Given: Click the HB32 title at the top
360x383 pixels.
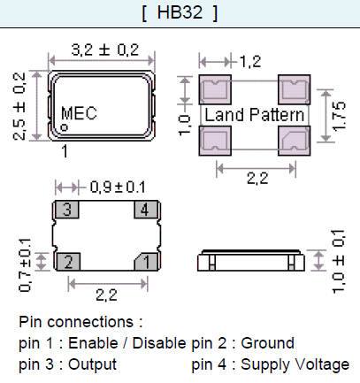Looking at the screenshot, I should [x=180, y=14].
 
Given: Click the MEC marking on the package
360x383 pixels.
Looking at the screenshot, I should [x=79, y=113].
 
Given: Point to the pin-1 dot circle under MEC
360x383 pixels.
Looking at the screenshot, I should [x=65, y=128].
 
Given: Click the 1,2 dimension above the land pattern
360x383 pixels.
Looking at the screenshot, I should [x=251, y=60].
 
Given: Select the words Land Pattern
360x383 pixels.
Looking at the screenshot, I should [x=255, y=115].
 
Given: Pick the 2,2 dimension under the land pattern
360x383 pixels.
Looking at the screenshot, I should [x=257, y=178].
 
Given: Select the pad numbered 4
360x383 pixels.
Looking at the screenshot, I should [x=146, y=211].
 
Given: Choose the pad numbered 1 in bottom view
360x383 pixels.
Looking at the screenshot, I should [x=146, y=262].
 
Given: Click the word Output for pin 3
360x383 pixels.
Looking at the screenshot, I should [x=91, y=364].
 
